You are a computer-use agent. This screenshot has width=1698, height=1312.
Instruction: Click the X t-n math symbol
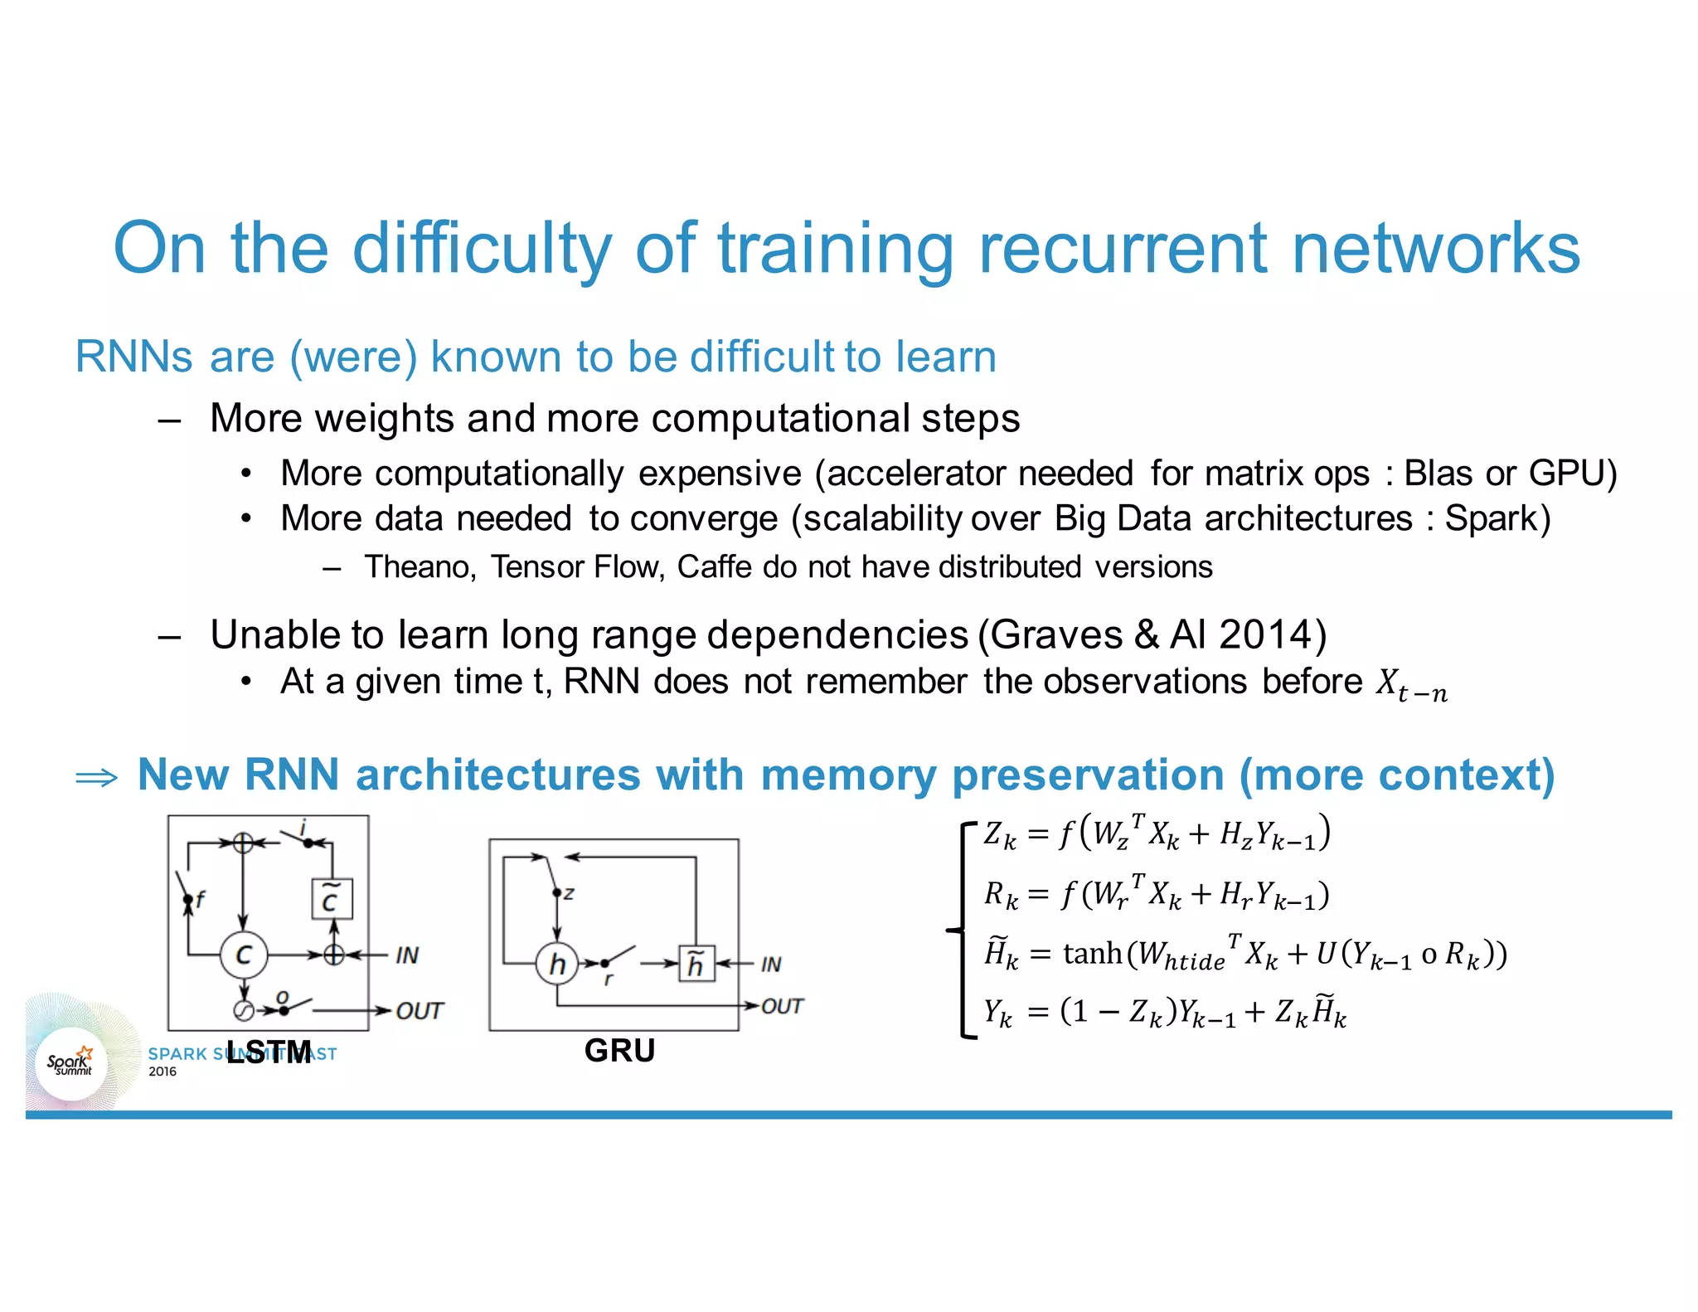click(x=1410, y=685)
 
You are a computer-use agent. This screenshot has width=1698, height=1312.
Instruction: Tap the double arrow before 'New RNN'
click(x=96, y=778)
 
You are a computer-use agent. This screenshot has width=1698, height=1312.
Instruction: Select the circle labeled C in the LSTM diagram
click(x=244, y=955)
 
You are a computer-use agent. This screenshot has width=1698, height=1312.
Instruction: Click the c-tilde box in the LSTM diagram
click(x=332, y=900)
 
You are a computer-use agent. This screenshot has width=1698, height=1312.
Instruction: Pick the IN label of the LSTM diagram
click(x=406, y=955)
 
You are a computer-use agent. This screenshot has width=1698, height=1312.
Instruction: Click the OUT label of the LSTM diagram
click(x=419, y=1011)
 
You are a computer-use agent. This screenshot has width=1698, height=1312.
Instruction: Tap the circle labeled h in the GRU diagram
click(x=557, y=964)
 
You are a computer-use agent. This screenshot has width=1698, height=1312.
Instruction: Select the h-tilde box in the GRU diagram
click(x=696, y=964)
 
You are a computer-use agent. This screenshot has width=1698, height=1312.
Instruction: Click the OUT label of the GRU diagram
click(x=781, y=1007)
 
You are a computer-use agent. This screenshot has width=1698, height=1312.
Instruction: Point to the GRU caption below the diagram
click(x=619, y=1051)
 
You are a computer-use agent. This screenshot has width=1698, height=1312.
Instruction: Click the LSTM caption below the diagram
click(x=269, y=1053)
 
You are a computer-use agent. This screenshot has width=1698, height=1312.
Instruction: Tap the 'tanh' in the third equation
click(x=1092, y=954)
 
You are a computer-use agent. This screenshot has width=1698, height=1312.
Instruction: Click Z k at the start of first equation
click(x=999, y=834)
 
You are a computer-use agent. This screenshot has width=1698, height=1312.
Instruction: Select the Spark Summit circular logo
click(x=71, y=1064)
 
